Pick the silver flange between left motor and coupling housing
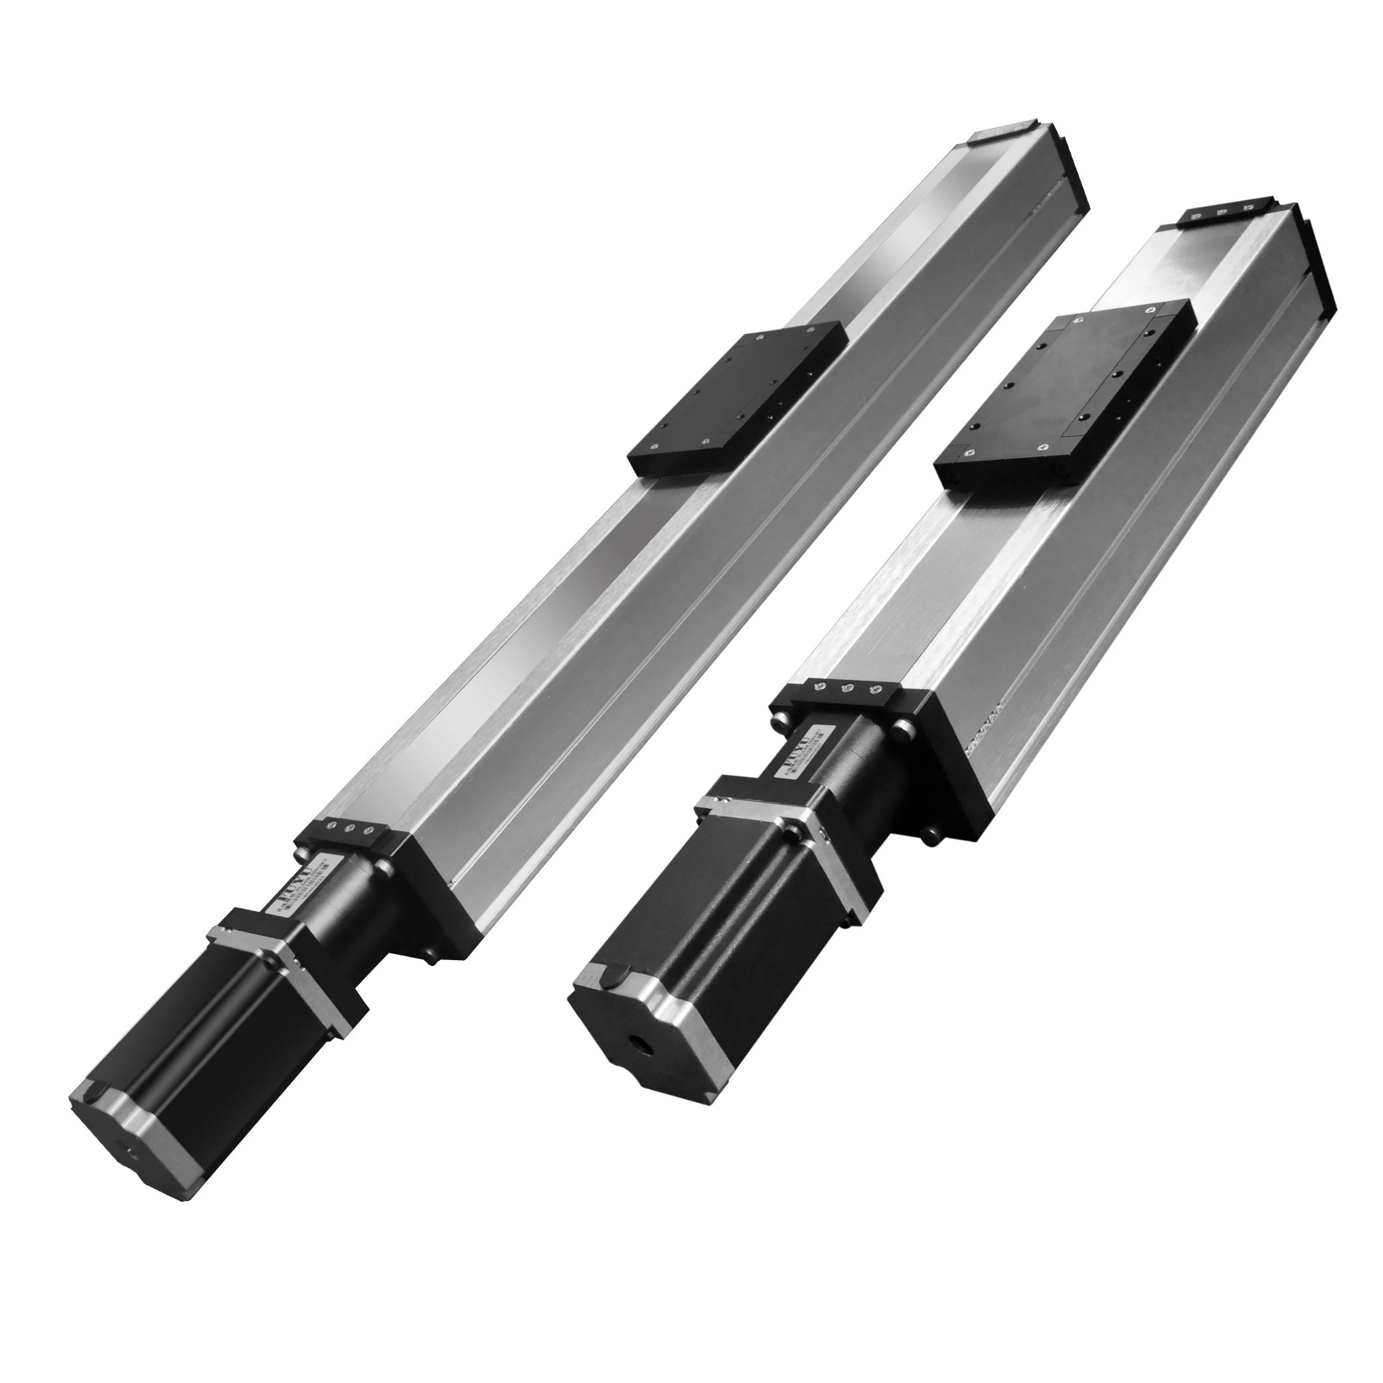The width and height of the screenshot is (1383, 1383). coord(286,963)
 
